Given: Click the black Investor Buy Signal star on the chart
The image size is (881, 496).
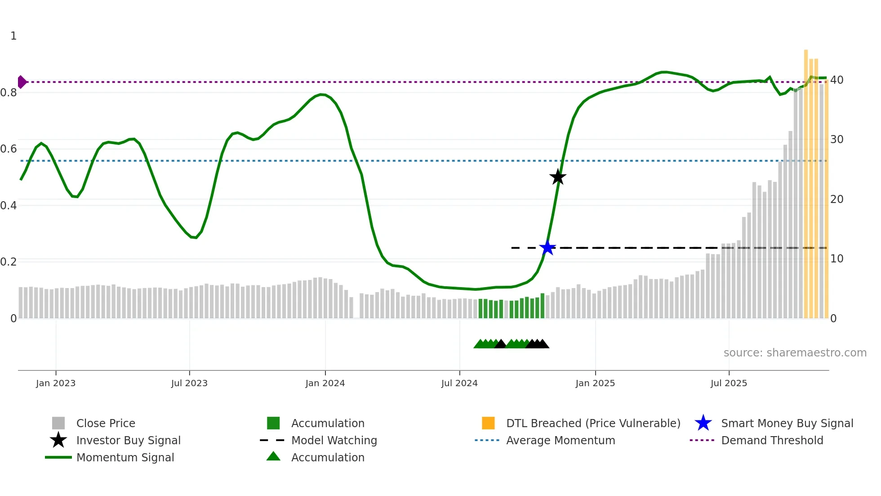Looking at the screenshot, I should [x=558, y=177].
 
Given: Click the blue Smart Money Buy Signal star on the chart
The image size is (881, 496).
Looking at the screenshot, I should [x=547, y=248].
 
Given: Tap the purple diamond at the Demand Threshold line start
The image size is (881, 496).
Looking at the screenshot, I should [x=22, y=82].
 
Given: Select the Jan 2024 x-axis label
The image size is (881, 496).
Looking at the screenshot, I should [x=325, y=383].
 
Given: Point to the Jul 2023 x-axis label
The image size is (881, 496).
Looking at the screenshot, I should [x=189, y=383].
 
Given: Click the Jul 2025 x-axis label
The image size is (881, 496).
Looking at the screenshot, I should [x=729, y=383].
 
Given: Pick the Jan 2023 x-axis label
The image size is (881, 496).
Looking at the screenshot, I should [x=56, y=383].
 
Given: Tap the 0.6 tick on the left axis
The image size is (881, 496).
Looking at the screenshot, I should [x=9, y=149].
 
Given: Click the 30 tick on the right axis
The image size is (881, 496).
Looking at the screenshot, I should [x=837, y=140].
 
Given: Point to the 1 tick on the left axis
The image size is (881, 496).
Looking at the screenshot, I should [x=13, y=36].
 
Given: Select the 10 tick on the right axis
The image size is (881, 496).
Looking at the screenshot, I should [x=837, y=259].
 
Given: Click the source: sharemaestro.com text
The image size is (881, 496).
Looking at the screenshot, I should [x=795, y=353].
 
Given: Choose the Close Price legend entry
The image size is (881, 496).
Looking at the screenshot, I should [x=106, y=423].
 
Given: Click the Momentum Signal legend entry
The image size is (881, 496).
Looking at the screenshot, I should [x=125, y=457].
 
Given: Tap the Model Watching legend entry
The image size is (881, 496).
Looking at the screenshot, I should [x=334, y=440].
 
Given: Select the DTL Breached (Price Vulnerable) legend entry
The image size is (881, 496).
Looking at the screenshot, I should [x=593, y=423].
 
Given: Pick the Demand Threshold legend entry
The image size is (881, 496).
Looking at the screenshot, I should [x=772, y=440].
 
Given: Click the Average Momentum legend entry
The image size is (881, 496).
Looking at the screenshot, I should [x=561, y=440].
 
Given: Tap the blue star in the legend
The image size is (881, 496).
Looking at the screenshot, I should [x=703, y=423].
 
